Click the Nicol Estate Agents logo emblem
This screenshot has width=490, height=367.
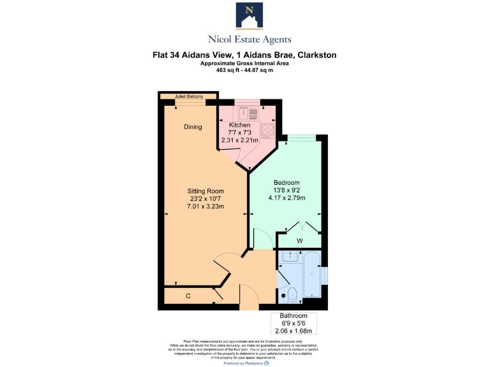tap(249, 16)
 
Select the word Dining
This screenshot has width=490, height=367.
tap(193, 127)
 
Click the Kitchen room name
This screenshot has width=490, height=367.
tap(239, 125)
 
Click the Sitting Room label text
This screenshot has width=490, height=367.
tap(205, 191)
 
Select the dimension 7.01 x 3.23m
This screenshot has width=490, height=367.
tap(205, 206)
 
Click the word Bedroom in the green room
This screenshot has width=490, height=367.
tap(286, 182)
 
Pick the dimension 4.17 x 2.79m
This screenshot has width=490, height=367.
tap(286, 198)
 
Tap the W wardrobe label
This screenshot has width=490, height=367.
tap(300, 241)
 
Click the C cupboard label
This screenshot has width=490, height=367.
tap(188, 296)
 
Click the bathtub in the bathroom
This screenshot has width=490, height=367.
tap(311, 275)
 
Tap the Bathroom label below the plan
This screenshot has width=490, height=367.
tap(293, 316)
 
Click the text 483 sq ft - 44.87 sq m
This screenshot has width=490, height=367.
tap(245, 70)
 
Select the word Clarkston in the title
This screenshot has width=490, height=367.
tap(315, 55)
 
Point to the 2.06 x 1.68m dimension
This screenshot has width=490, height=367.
tap(293, 331)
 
